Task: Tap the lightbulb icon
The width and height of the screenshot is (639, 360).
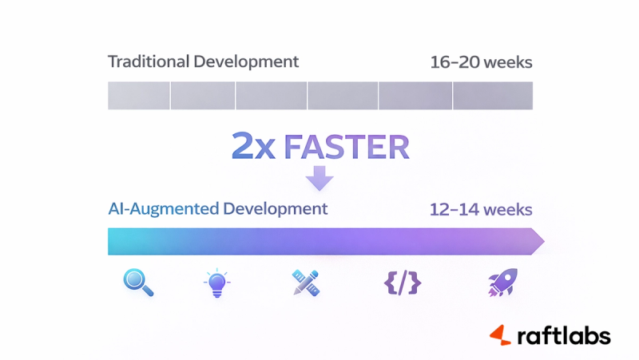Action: point(216,284)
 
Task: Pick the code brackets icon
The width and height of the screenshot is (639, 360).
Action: point(402,283)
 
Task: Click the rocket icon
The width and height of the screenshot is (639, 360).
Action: point(502,283)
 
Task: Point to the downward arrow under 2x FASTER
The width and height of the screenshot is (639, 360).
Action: point(319,176)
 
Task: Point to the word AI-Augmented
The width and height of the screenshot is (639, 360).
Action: point(164,209)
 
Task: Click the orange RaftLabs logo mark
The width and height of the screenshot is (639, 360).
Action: point(501,335)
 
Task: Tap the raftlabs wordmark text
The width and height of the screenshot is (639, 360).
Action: point(563,335)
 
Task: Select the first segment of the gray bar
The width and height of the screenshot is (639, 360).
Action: point(138,95)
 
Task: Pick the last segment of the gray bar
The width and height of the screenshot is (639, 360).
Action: point(493,95)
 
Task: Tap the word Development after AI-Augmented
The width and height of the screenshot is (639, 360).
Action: point(276,209)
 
